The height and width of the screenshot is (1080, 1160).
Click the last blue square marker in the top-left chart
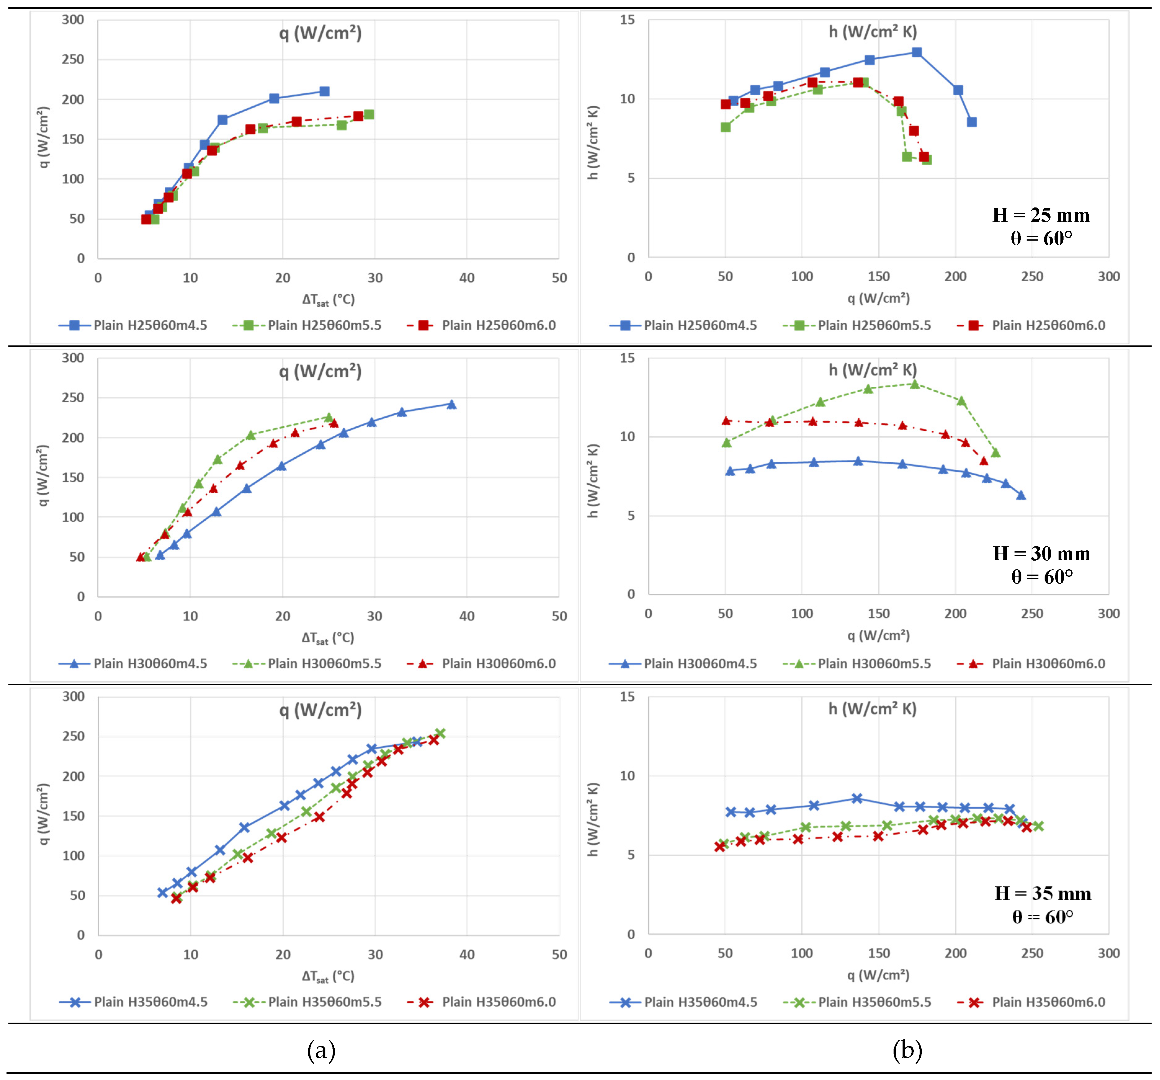click(x=324, y=91)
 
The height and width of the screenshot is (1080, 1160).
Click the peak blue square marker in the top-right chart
click(x=917, y=52)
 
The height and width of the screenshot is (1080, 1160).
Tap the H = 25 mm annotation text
click(x=1041, y=215)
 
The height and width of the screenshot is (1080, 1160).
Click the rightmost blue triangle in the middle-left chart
click(x=451, y=404)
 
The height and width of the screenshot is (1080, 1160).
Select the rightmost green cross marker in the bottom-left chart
click(x=440, y=733)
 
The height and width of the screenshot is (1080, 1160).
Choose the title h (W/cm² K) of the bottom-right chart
click(x=872, y=709)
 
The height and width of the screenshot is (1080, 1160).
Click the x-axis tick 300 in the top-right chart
click(x=1109, y=277)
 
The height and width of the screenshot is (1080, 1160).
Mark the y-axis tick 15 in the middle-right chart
click(x=627, y=358)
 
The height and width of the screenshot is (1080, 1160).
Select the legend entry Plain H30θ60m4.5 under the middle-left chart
click(x=150, y=664)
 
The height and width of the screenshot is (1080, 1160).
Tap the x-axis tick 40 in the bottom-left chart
click(x=467, y=954)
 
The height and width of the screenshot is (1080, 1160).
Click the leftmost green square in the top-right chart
click(x=725, y=127)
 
